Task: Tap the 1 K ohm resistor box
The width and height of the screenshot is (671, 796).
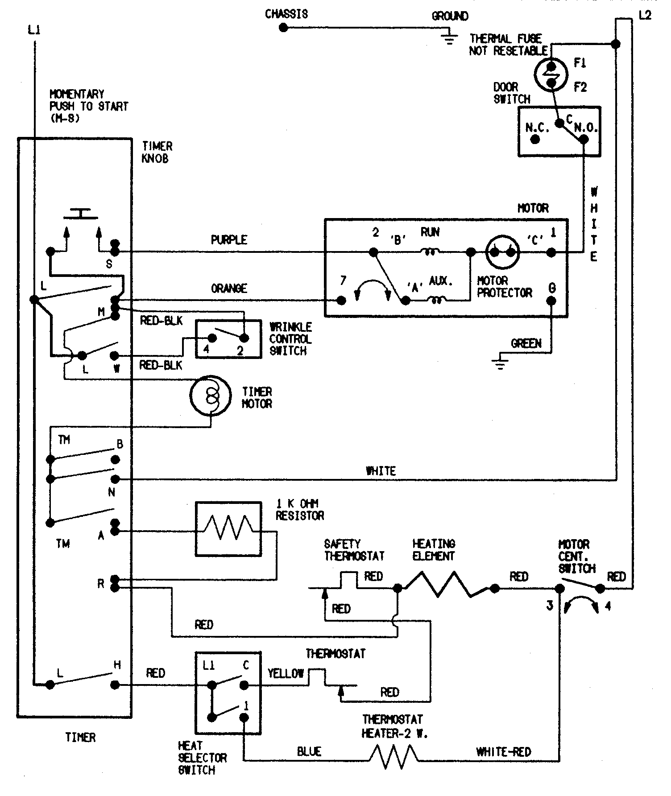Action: point(228,529)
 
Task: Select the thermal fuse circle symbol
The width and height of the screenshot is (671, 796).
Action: point(551,74)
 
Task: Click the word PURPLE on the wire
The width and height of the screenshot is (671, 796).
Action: point(229,240)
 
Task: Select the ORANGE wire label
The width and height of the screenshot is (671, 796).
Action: point(229,289)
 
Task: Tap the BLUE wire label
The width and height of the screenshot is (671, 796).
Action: point(309,752)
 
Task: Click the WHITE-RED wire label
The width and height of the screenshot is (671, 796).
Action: point(504,752)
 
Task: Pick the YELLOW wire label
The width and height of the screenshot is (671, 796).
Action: point(286,673)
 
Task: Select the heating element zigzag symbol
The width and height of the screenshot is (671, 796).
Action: point(446,585)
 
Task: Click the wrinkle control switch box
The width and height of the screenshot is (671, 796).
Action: point(228,339)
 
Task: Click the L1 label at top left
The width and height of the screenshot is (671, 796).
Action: point(34,31)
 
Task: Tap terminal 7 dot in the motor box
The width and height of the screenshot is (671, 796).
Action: point(341,301)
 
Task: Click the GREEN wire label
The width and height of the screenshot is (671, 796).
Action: point(526,344)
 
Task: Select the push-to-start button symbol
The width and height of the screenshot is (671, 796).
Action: point(80,214)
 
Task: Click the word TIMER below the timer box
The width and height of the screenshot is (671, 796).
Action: point(80,738)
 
